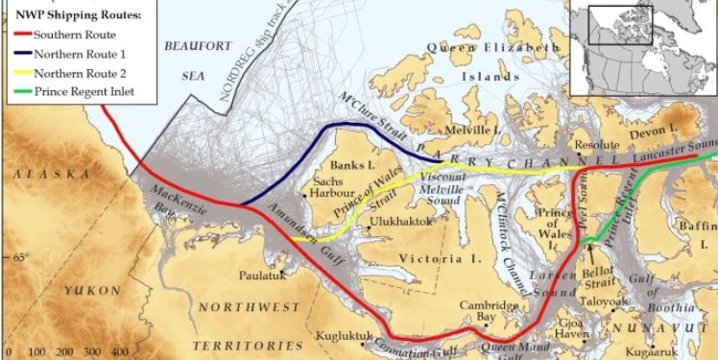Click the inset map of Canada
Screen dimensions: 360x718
643,48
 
